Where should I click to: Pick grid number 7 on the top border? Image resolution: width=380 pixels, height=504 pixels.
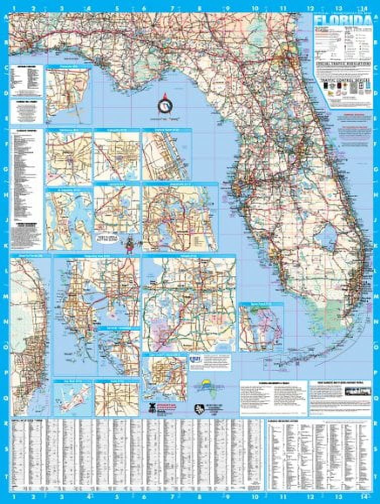(x=172, y=8)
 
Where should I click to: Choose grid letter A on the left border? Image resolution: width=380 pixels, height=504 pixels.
(x=7, y=19)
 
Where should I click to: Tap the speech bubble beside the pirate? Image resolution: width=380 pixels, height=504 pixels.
(x=108, y=237)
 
